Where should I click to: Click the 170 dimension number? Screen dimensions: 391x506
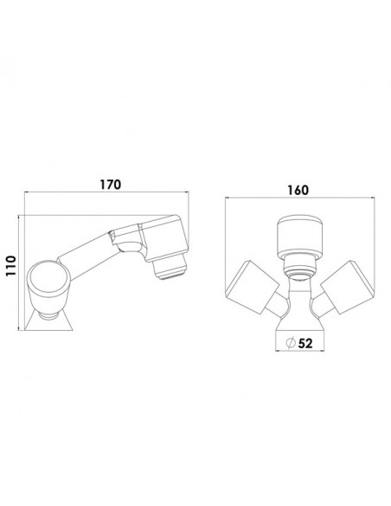(x=110, y=185)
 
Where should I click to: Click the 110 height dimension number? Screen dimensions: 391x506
(x=10, y=265)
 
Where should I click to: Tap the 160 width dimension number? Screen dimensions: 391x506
(x=298, y=190)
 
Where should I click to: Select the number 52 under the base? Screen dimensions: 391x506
(x=305, y=343)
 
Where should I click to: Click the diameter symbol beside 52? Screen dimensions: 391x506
(x=291, y=343)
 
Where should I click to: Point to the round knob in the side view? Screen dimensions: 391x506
(x=48, y=278)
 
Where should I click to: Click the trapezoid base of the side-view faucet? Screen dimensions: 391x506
(x=49, y=322)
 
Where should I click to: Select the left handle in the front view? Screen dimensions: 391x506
(x=253, y=287)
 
